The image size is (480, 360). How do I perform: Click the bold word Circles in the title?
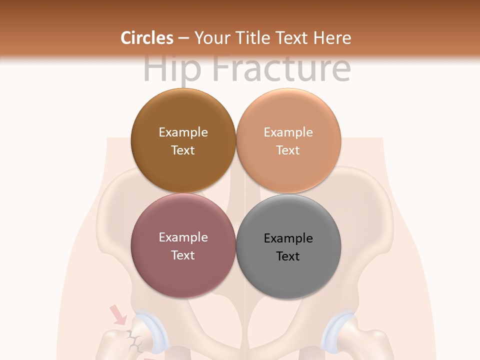click(147, 38)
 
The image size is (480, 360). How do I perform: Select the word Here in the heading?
click(332, 38)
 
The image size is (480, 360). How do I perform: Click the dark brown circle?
click(183, 140)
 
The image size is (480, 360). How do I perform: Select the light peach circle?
click(288, 140)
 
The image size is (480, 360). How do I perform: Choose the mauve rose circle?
click(183, 245)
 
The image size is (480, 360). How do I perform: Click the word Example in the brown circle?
click(183, 132)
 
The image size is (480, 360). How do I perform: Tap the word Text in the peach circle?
click(288, 150)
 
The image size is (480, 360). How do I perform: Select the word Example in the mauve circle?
click(183, 237)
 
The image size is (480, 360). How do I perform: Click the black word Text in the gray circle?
click(288, 256)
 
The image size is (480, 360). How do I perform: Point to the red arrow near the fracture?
click(118, 315)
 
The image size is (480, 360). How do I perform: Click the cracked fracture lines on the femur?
click(133, 340)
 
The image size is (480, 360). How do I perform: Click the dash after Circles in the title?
click(183, 38)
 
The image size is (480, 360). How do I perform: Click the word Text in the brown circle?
click(183, 150)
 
